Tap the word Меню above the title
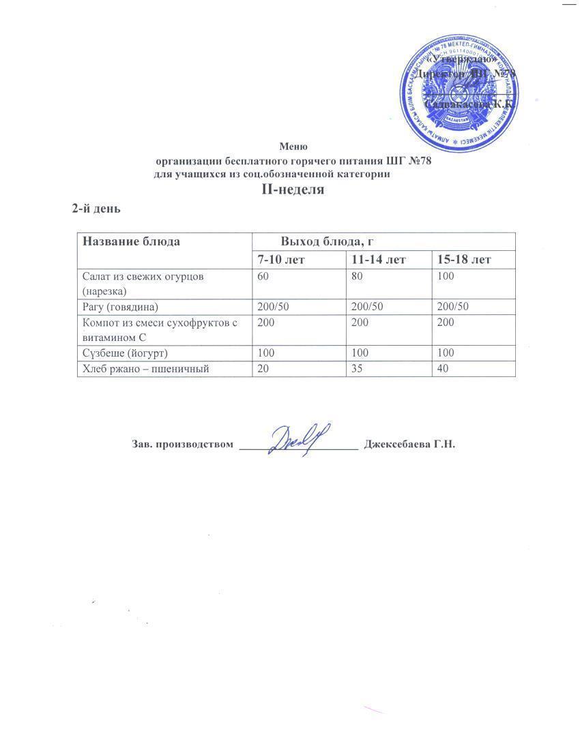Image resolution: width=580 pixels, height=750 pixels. click(x=294, y=147)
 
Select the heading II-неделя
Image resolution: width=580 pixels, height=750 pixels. click(x=293, y=190)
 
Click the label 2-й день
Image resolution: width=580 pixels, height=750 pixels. click(x=97, y=209)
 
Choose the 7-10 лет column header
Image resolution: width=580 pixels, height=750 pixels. click(x=281, y=260)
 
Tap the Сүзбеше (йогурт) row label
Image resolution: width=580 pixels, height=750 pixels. click(x=125, y=354)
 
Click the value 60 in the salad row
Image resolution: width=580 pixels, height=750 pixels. click(x=263, y=277)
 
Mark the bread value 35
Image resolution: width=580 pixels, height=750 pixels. click(x=358, y=369)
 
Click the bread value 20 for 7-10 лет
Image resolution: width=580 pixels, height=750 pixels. click(x=263, y=369)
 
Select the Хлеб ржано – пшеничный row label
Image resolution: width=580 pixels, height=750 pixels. click(x=145, y=369)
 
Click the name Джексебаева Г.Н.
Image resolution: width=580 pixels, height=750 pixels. click(x=410, y=445)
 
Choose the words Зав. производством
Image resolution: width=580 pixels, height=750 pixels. click(x=182, y=445)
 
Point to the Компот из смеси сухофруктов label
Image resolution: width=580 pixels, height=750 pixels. click(x=159, y=323)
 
